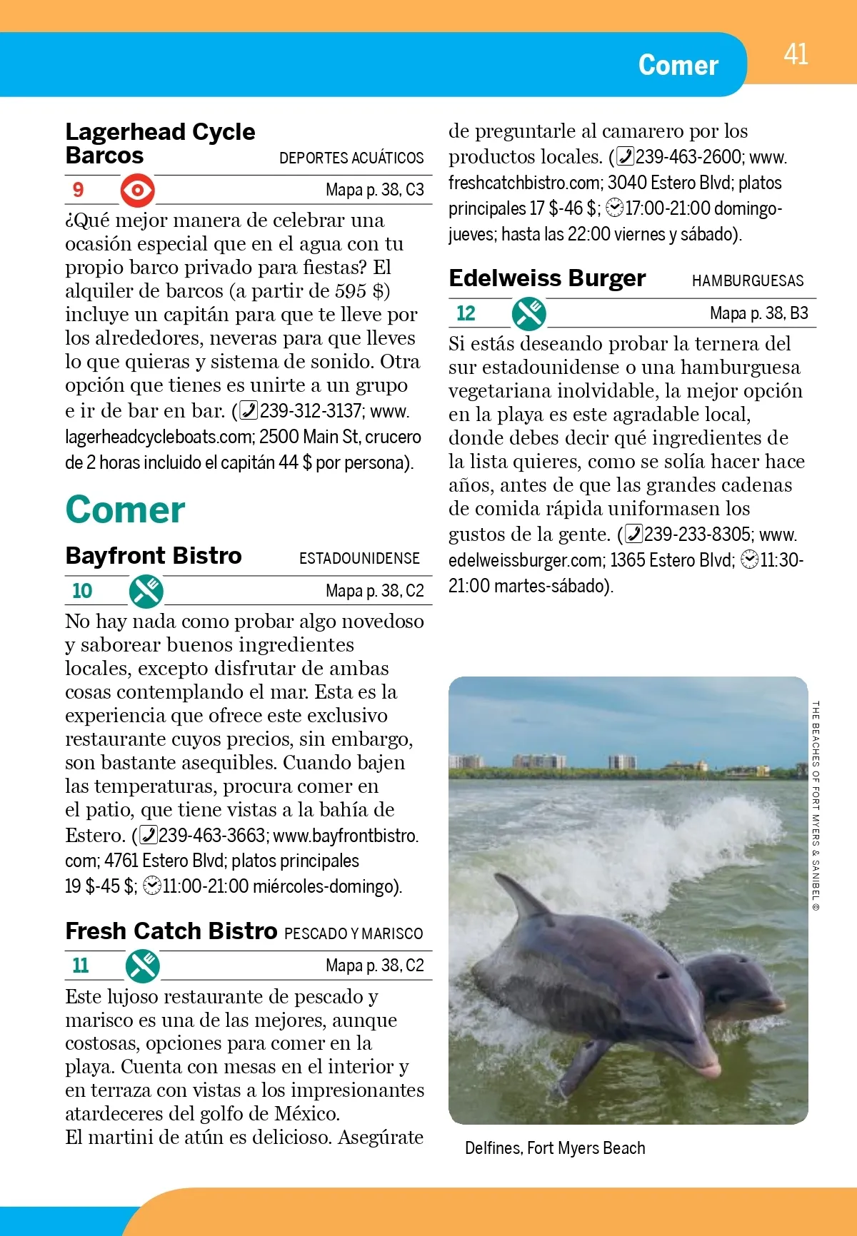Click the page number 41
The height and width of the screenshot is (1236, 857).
coord(796,55)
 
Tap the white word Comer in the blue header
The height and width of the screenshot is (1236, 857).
coord(678,65)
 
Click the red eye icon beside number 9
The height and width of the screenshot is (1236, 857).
coord(137,191)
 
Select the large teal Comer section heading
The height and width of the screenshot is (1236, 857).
coord(125,510)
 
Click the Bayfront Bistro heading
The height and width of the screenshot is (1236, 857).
coord(154,556)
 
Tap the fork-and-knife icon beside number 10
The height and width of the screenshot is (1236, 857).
coord(146,591)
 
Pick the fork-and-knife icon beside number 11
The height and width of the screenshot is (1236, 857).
coord(143,966)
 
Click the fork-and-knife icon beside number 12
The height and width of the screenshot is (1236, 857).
coord(529,313)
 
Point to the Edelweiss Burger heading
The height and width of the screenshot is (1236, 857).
coord(547,278)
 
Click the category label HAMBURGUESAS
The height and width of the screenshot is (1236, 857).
coord(748,281)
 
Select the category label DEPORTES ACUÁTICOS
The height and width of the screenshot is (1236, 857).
coord(351,158)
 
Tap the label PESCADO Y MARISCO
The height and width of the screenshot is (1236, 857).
coord(354,934)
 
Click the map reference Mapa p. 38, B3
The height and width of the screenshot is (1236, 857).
coord(758,313)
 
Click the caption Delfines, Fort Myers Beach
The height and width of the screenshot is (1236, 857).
coord(555,1148)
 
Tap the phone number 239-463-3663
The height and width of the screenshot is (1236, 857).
coord(213,836)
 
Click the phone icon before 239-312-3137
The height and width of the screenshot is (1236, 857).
coord(249,411)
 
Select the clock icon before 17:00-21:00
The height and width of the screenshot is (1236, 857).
coord(614,208)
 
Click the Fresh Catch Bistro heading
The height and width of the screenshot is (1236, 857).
coord(171,931)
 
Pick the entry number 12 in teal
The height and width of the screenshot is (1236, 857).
coord(466,313)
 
